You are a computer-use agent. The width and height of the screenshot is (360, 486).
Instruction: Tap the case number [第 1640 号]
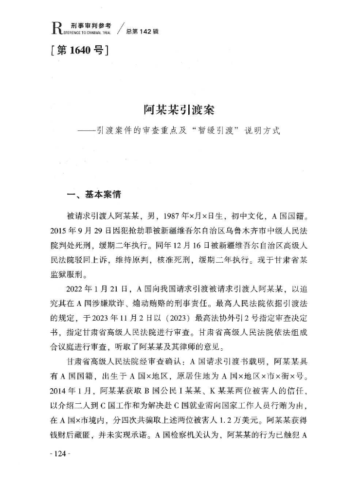pyautogui.click(x=78, y=51)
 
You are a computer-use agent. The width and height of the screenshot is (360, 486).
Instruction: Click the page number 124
pyautogui.click(x=60, y=453)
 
